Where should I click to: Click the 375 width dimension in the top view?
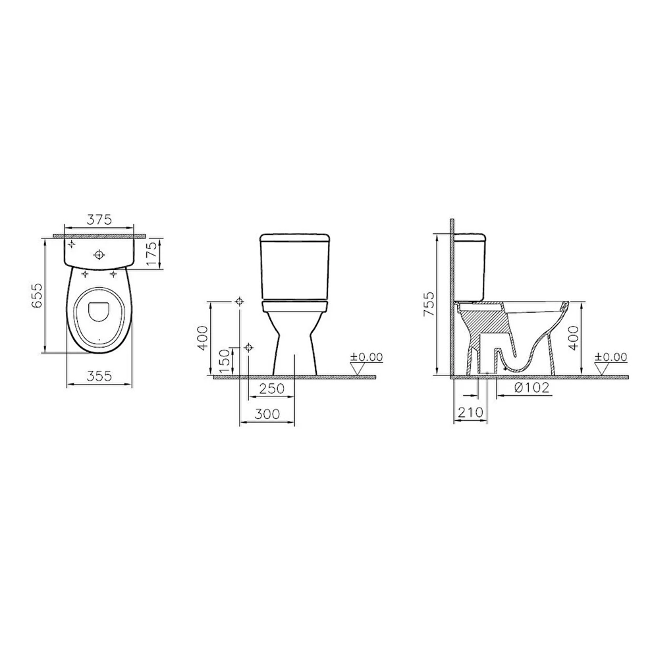click(100, 219)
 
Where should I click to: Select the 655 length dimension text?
click(37, 296)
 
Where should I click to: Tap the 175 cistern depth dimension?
click(153, 253)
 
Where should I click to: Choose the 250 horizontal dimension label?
click(271, 389)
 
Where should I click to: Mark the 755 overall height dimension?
click(429, 304)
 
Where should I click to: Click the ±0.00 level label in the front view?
click(367, 357)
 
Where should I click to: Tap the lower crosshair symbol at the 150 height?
click(248, 346)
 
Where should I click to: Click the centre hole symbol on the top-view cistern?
click(99, 254)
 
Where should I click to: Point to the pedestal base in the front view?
click(295, 349)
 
